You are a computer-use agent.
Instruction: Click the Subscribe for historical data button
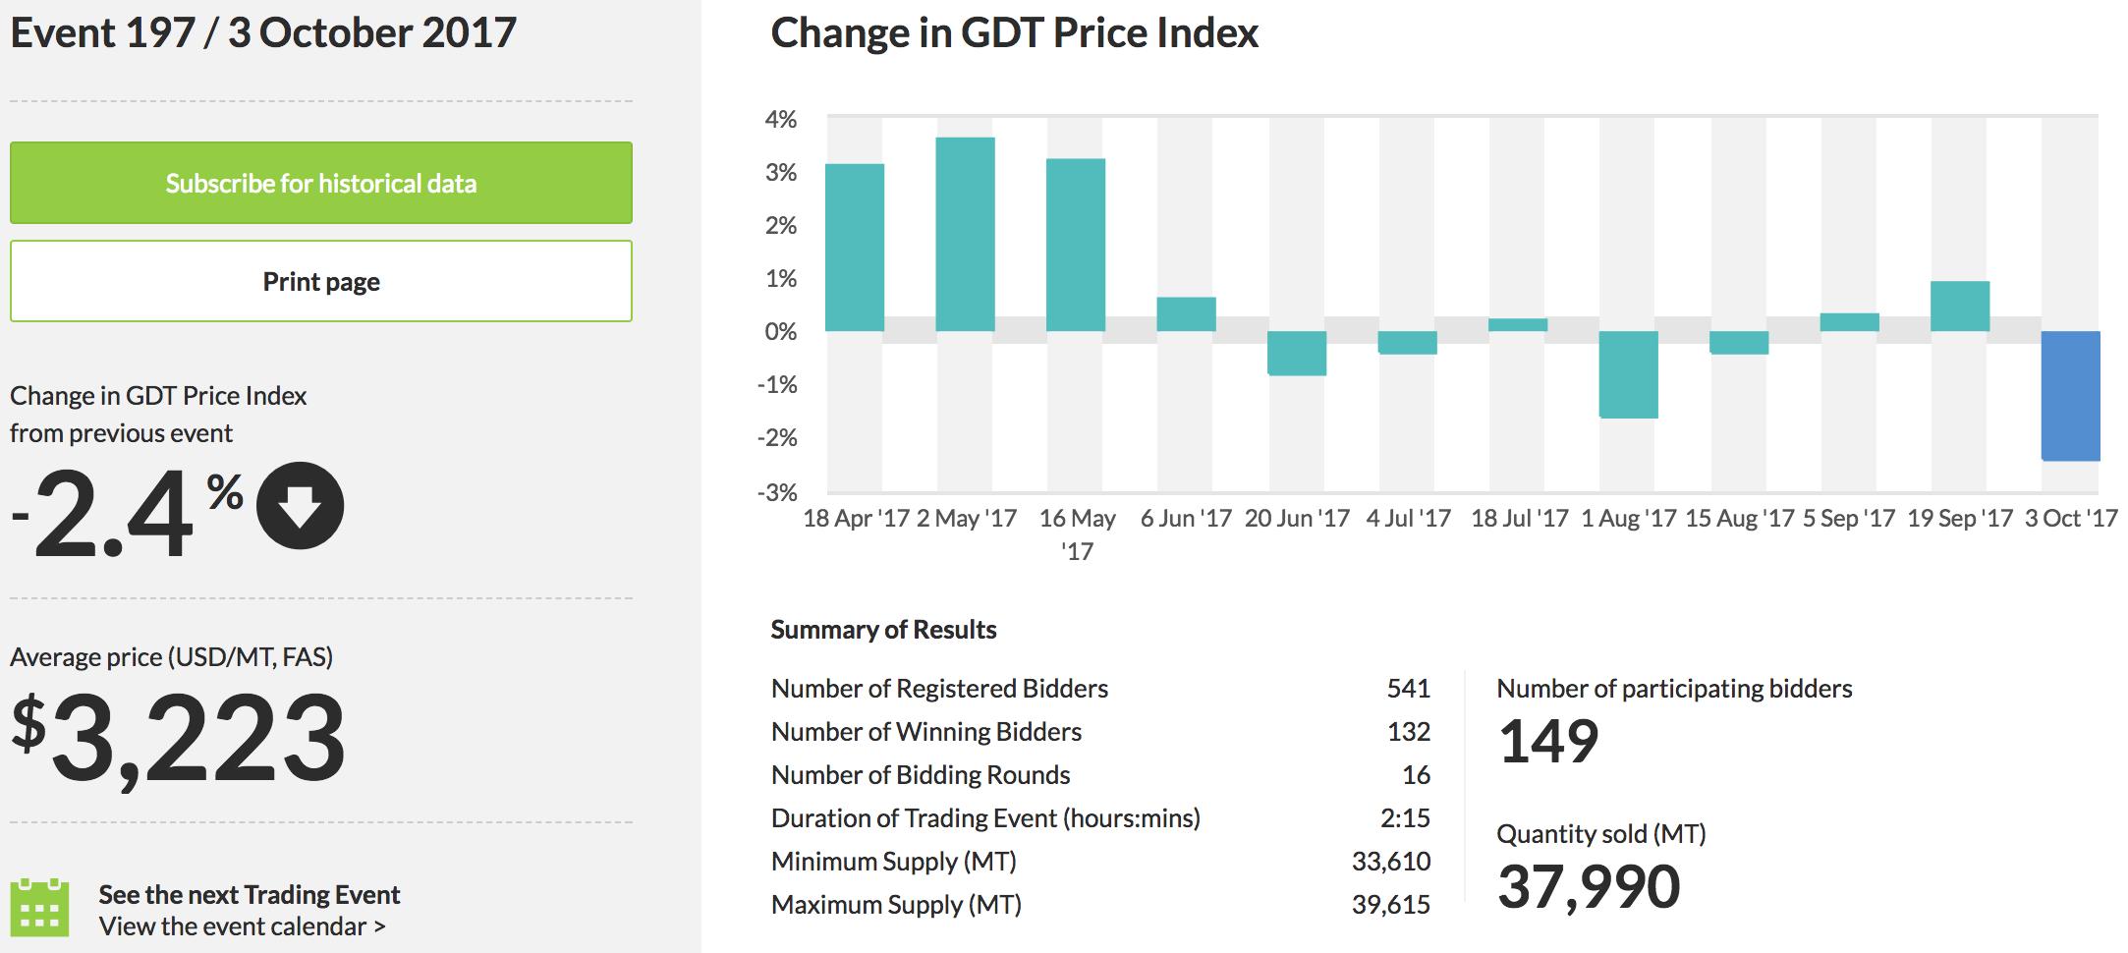click(x=320, y=183)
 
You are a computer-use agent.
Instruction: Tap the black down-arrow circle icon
click(x=300, y=506)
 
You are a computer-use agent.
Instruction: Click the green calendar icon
click(x=39, y=908)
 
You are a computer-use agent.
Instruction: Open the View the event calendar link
click(x=242, y=926)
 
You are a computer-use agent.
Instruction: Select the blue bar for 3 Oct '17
click(x=2070, y=395)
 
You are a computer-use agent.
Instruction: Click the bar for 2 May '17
click(x=965, y=234)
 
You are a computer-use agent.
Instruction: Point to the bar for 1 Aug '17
click(x=1628, y=374)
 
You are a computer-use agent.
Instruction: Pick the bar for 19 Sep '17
click(x=1959, y=307)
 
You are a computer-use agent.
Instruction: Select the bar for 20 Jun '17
click(x=1297, y=353)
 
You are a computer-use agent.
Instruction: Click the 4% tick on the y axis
click(x=781, y=120)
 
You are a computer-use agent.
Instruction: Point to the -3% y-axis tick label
click(x=777, y=492)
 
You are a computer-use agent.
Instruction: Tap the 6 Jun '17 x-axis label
click(x=1186, y=519)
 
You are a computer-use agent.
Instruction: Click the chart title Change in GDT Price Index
click(x=1014, y=33)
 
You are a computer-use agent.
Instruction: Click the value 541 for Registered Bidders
click(x=1408, y=689)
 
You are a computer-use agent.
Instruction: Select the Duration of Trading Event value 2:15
click(x=1405, y=818)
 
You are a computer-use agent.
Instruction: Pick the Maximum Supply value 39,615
click(x=1391, y=905)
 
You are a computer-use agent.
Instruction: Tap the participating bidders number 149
click(x=1548, y=742)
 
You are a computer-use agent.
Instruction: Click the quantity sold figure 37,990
click(x=1589, y=886)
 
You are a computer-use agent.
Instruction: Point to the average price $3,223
click(x=179, y=738)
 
